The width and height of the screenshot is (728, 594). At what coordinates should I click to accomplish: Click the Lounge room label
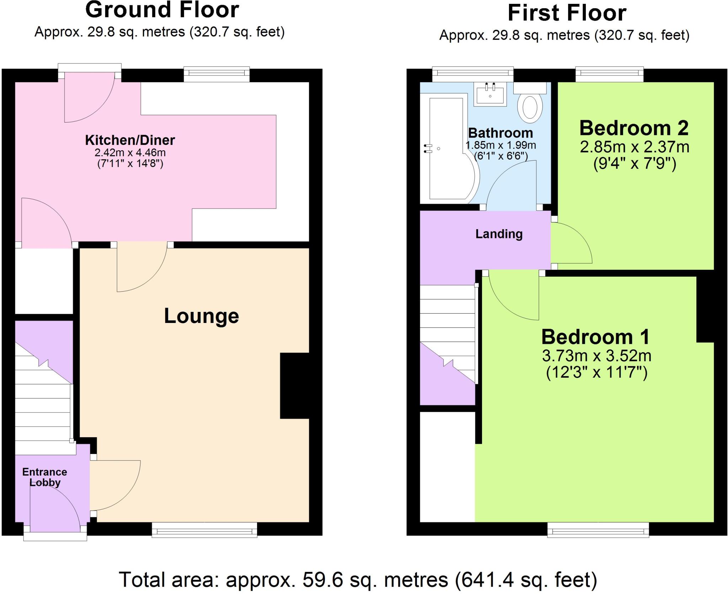[201, 316]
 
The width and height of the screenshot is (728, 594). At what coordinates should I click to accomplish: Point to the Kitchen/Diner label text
[130, 140]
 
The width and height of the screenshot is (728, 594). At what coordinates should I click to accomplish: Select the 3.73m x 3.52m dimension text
[596, 356]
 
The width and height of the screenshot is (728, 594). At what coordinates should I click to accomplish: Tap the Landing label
[499, 234]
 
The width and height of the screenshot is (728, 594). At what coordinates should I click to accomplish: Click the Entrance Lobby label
[44, 477]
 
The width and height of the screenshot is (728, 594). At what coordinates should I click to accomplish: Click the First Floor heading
[567, 13]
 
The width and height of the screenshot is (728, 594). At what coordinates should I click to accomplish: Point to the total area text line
[358, 579]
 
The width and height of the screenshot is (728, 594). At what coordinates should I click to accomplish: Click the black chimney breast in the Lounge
[294, 385]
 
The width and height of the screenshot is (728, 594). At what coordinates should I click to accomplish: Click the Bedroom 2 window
[609, 74]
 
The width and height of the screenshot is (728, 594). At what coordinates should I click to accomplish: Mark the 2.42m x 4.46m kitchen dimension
[130, 153]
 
